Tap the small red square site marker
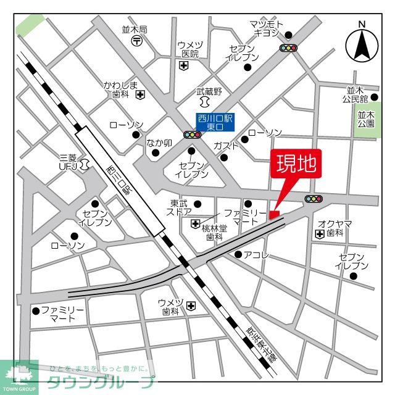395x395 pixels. (x=275, y=214)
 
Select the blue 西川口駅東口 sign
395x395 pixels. (x=215, y=121)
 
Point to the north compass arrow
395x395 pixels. (x=362, y=44)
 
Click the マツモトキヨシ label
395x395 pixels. (x=266, y=28)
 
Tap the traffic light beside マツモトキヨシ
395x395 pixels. (x=288, y=48)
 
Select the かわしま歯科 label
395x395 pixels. (x=120, y=89)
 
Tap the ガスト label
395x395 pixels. (x=227, y=146)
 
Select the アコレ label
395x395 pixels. (x=257, y=254)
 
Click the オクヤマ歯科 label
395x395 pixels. (x=335, y=228)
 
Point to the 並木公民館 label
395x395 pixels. (x=357, y=94)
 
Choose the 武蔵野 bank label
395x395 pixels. (x=208, y=91)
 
